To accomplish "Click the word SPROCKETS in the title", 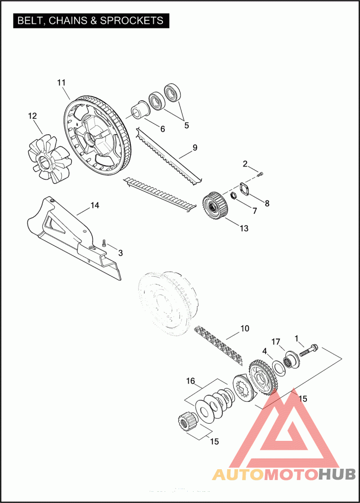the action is [131, 21].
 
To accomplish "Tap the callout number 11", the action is [61, 83].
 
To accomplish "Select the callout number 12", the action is [32, 116].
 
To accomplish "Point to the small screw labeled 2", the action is [260, 175].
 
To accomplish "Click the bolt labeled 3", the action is [104, 243].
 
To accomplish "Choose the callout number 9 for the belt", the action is [195, 148].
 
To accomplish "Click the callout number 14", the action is [95, 205].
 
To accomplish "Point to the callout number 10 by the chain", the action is [245, 328].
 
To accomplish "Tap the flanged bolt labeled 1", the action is [309, 351].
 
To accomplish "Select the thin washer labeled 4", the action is [279, 368].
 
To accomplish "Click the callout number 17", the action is [276, 342].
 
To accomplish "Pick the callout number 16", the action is [190, 381].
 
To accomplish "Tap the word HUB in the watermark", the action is [337, 474].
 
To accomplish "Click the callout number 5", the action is [187, 126].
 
